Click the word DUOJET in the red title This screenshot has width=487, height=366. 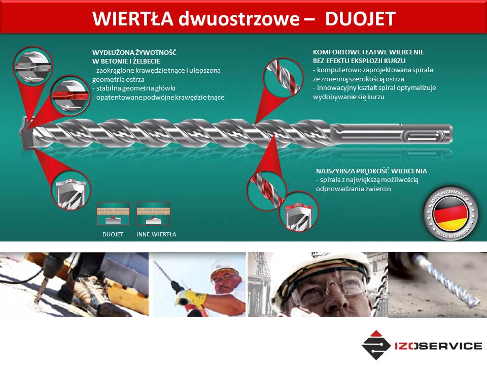pyautogui.click(x=360, y=18)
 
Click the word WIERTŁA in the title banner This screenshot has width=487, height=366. pyautogui.click(x=132, y=18)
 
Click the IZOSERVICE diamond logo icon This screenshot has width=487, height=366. pyautogui.click(x=376, y=345)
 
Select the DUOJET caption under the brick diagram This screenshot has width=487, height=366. pyautogui.click(x=113, y=234)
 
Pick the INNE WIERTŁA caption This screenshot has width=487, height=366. pyautogui.click(x=156, y=234)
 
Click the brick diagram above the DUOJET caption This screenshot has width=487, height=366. pyautogui.click(x=113, y=214)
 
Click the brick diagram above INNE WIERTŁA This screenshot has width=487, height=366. pyautogui.click(x=153, y=214)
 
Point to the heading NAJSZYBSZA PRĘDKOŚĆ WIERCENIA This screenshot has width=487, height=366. pyautogui.click(x=371, y=171)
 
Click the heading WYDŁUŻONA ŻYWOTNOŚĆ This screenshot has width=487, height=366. pyautogui.click(x=134, y=52)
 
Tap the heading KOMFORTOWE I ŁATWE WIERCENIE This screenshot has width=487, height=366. pyautogui.click(x=368, y=52)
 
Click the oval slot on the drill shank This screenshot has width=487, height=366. pyautogui.click(x=424, y=136)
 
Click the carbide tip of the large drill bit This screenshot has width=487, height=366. pyautogui.click(x=27, y=133)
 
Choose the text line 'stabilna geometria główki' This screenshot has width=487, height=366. pyautogui.click(x=134, y=88)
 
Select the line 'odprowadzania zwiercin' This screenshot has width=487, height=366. pyautogui.click(x=354, y=189)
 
